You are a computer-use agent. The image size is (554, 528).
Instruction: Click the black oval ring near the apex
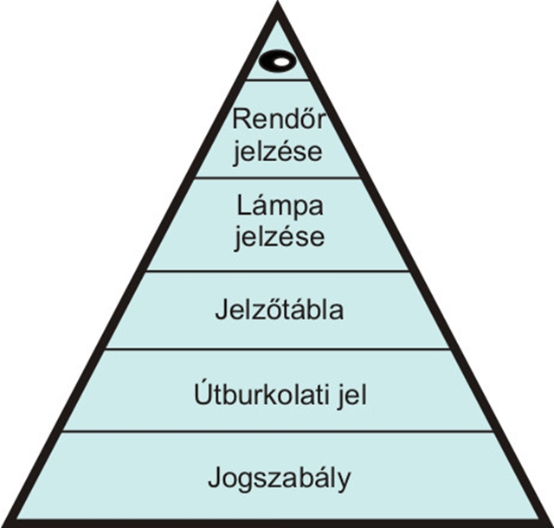[x=269, y=61]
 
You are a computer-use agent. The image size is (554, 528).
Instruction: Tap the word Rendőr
[x=279, y=119]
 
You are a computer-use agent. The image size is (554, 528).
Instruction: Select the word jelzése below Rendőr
[x=278, y=152]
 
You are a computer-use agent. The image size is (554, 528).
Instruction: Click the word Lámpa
[x=280, y=207]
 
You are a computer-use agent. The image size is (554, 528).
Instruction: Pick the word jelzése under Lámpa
[x=279, y=237]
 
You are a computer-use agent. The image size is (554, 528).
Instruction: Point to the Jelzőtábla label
[x=280, y=310]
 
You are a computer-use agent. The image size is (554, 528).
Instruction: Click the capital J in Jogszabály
[x=215, y=478]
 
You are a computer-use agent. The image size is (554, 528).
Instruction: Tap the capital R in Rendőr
[x=242, y=119]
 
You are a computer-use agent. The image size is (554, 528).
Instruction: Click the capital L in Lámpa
[x=244, y=206]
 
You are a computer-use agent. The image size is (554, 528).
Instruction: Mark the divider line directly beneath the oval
[x=277, y=80]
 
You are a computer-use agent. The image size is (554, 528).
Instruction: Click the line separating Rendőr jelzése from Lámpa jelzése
[x=278, y=177]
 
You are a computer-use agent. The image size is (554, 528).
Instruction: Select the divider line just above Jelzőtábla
[x=278, y=271]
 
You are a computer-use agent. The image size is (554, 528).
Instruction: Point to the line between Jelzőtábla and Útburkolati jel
[x=278, y=349]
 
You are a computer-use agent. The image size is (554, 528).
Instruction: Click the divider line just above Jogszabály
[x=278, y=432]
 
